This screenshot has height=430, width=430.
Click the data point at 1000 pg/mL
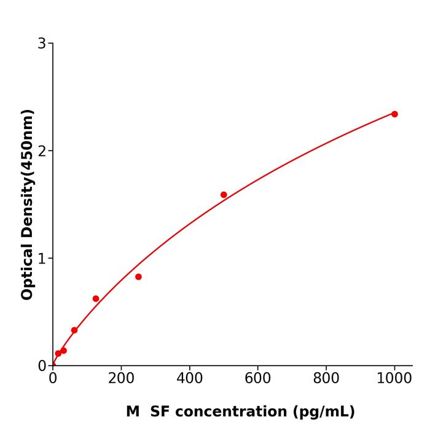coord(394,114)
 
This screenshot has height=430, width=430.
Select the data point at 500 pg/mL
coord(224,195)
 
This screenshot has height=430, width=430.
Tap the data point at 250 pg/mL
coord(138,277)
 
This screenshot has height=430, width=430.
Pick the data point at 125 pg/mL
coord(96,299)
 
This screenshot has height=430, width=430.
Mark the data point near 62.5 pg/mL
coord(74,330)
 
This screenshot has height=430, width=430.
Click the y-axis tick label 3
coord(42,44)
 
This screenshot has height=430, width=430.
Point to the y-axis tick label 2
coord(42,151)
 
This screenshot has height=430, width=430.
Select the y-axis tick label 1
coord(42,259)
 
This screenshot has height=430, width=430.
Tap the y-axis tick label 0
coord(42,366)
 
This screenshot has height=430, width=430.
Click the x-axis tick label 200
coord(121,379)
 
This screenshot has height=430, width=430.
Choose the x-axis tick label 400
coord(189,379)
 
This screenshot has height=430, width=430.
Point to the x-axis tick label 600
coord(257,379)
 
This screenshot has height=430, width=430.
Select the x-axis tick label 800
coord(326,379)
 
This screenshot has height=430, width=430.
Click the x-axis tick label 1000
coord(394,379)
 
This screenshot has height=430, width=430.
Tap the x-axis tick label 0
coord(53,379)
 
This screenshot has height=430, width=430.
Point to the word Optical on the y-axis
coord(27,270)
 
